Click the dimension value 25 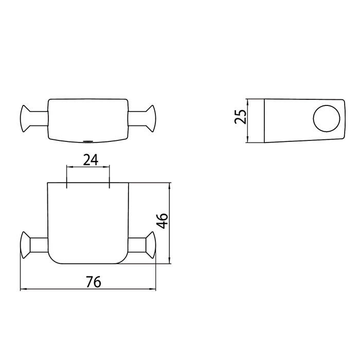pos(240,117)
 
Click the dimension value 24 pos(91,160)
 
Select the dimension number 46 pos(162,221)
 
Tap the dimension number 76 pos(94,282)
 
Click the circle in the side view pos(326,118)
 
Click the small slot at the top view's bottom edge pos(88,141)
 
